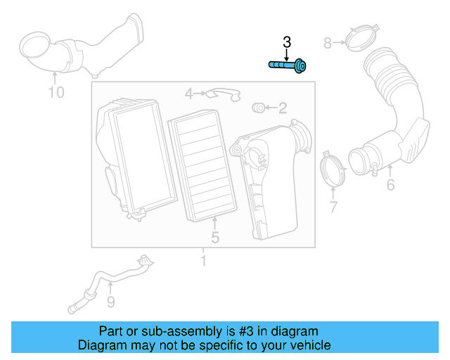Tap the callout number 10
pyautogui.click(x=56, y=92)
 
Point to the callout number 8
pyautogui.click(x=327, y=44)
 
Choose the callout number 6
pyautogui.click(x=390, y=186)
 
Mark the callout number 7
pyautogui.click(x=333, y=207)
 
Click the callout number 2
pyautogui.click(x=282, y=108)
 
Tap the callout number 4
pyautogui.click(x=188, y=94)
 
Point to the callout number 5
pyautogui.click(x=215, y=238)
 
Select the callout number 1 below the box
pyautogui.click(x=203, y=262)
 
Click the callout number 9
pyautogui.click(x=110, y=302)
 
